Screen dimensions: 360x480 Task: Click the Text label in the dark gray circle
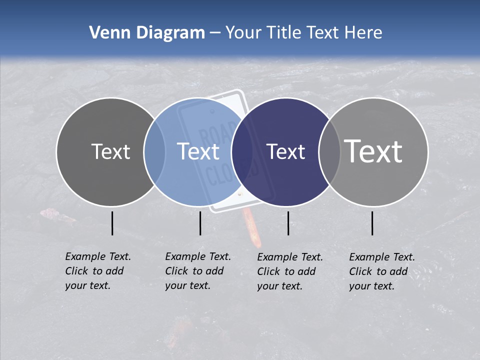click(x=110, y=151)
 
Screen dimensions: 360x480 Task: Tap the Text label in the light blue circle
click(x=198, y=151)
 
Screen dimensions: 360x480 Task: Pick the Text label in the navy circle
click(x=285, y=151)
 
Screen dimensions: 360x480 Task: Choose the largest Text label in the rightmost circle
click(x=373, y=151)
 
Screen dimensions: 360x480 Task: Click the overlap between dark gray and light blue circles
click(x=154, y=151)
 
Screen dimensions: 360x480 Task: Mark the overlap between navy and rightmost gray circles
click(x=329, y=151)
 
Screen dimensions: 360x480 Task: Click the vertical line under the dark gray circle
click(x=112, y=223)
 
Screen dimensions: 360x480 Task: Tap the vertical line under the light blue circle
click(x=200, y=223)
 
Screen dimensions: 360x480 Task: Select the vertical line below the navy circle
click(x=288, y=223)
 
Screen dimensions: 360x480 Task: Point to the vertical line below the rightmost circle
click(x=372, y=223)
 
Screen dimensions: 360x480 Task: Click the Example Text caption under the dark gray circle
click(x=97, y=271)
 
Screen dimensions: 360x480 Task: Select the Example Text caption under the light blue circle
click(x=197, y=271)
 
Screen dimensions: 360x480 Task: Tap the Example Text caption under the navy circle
click(x=289, y=271)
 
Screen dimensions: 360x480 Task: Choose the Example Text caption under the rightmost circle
click(x=381, y=271)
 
